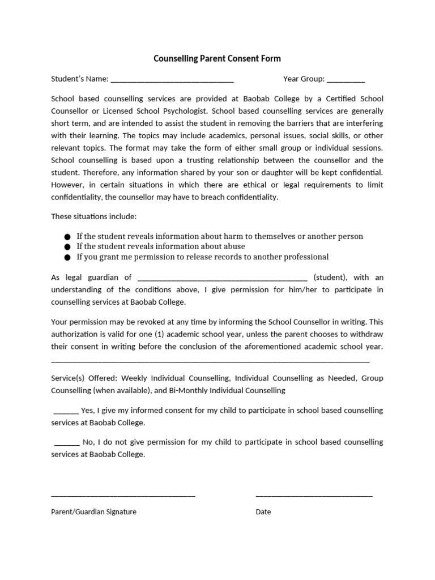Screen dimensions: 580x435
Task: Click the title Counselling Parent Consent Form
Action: [x=217, y=58]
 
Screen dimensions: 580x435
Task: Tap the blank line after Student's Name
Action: [x=172, y=80]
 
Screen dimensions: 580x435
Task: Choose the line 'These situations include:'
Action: [x=93, y=216]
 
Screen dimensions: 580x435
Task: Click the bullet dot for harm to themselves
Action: [x=68, y=237]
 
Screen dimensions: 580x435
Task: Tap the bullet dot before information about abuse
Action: [x=68, y=247]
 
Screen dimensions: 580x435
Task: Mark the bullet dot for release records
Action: [x=68, y=257]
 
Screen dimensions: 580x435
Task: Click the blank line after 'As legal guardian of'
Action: [x=222, y=278]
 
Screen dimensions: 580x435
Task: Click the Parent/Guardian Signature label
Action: [x=93, y=511]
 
